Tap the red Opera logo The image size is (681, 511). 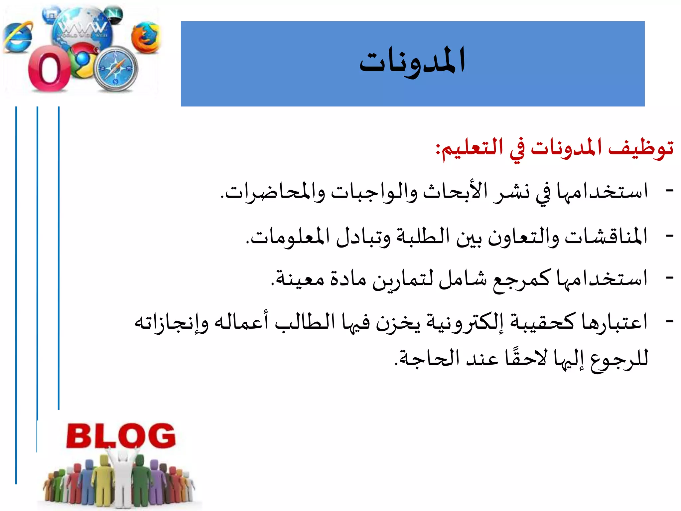49,69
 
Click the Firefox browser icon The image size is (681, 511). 146,37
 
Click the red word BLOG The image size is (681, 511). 121,435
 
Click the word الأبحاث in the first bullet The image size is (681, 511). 455,192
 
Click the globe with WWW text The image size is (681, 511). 82,28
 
